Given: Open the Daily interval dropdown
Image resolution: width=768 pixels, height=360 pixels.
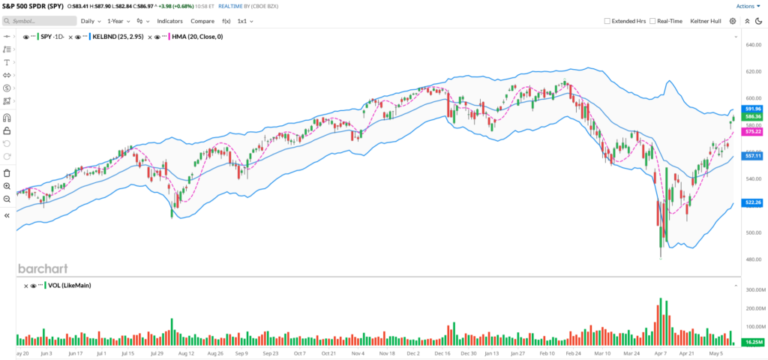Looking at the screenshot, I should tap(93, 21).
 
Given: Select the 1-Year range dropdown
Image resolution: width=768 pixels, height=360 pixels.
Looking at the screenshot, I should tap(120, 21).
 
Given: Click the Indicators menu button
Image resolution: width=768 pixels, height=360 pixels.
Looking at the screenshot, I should tap(169, 21).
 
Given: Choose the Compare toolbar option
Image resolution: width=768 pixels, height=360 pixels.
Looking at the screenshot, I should tap(202, 21).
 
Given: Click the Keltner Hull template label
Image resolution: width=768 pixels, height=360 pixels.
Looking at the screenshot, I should tap(706, 21).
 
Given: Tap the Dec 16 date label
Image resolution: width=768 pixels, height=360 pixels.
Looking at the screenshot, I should tap(442, 352).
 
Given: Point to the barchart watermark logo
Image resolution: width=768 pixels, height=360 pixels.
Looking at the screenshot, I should tap(42, 268).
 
